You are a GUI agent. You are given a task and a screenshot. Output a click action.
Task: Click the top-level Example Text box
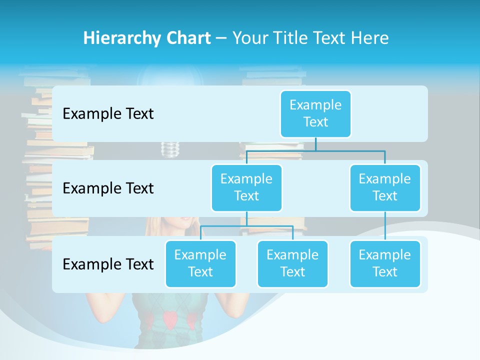click(315, 113)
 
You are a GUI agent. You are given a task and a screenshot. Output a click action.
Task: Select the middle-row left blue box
click(246, 187)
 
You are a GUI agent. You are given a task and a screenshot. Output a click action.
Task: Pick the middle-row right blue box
click(385, 187)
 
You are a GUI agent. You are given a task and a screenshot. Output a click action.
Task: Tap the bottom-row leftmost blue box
click(200, 263)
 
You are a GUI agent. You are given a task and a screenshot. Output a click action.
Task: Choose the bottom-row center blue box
click(292, 263)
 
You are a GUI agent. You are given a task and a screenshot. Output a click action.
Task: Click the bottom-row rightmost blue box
click(385, 263)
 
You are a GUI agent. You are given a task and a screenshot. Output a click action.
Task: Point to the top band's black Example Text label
click(108, 114)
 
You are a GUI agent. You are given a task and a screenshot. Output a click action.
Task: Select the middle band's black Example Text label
click(108, 188)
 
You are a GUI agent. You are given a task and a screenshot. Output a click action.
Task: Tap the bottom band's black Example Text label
click(108, 264)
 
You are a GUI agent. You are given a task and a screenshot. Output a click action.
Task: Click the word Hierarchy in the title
click(121, 38)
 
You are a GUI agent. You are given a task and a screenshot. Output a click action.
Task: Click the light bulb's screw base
click(170, 149)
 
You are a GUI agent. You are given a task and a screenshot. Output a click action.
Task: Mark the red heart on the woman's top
click(170, 319)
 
